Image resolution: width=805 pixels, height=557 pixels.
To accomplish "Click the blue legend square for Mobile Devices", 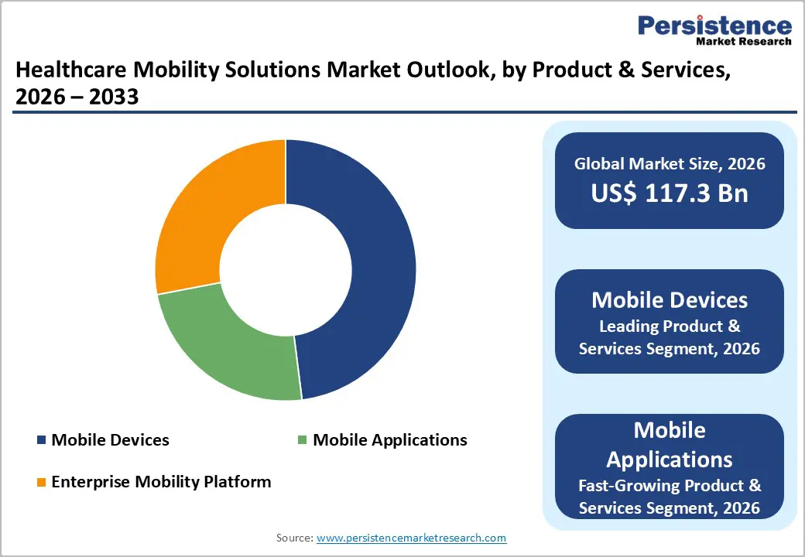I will click(x=41, y=440).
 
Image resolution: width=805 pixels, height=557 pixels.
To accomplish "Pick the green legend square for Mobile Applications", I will click(x=303, y=440).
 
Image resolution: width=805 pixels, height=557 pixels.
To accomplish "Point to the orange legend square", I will click(x=41, y=483).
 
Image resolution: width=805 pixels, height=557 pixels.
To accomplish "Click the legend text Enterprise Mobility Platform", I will click(x=161, y=482).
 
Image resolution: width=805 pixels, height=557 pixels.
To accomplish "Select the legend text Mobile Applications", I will click(x=389, y=440).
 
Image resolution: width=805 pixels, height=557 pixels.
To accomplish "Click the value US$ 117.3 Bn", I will click(x=670, y=193).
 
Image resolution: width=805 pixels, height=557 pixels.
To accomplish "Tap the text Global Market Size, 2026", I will click(x=670, y=163).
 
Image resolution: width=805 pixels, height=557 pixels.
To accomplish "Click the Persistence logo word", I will click(x=714, y=26).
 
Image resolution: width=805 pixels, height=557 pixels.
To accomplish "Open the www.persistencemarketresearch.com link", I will click(x=411, y=538).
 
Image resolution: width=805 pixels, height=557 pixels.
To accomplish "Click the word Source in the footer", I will click(x=294, y=538).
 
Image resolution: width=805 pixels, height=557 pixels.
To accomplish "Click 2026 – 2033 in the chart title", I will click(x=77, y=97).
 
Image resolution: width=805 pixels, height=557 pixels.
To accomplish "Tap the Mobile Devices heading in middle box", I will click(x=670, y=299).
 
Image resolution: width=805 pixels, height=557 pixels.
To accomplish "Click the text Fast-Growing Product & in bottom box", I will click(x=670, y=485).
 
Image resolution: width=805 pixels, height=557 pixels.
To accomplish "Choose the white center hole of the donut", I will click(x=286, y=270).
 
